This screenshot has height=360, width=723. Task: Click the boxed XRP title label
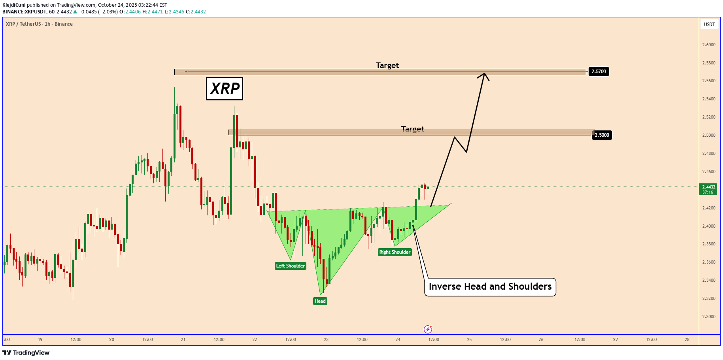225,89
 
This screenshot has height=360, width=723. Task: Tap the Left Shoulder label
291,266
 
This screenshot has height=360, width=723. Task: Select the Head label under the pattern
320,301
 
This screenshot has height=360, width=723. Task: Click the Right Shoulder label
395,252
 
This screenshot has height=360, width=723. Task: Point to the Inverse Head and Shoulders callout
490,287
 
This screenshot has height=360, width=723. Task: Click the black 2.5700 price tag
598,72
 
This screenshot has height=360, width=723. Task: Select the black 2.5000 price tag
602,135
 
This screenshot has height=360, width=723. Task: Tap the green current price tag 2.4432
708,189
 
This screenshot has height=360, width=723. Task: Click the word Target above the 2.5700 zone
387,65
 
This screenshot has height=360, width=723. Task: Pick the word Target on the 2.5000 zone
413,129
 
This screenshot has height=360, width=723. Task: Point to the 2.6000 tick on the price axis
709,45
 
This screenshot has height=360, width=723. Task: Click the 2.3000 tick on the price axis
709,317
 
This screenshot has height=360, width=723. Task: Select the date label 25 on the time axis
469,339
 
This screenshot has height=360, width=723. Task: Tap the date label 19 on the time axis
40,339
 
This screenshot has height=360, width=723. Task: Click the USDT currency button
710,25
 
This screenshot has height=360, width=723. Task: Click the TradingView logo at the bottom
26,352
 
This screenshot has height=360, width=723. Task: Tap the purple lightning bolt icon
428,329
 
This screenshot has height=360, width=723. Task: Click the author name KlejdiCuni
14,5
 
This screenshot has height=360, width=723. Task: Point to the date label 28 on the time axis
687,339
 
